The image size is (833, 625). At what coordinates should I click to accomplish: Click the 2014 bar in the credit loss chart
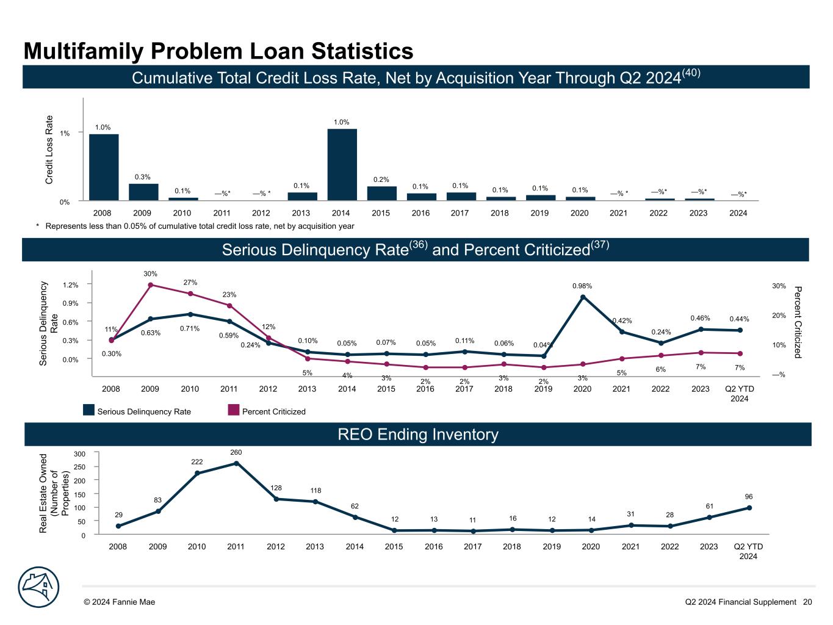click(342, 165)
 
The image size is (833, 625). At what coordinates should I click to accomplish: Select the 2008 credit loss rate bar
click(104, 167)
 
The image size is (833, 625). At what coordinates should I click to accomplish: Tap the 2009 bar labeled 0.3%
click(143, 192)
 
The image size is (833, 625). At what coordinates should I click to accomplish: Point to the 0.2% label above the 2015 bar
click(381, 179)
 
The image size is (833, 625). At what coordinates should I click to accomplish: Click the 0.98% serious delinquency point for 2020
click(583, 297)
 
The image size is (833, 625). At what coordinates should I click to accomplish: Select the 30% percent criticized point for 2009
click(151, 285)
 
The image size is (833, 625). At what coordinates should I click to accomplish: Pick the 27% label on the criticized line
click(190, 283)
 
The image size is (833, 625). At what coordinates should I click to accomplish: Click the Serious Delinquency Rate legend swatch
click(89, 411)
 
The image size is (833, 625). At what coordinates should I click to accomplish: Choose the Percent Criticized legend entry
click(273, 411)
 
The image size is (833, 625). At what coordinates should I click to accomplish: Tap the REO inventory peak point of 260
click(236, 463)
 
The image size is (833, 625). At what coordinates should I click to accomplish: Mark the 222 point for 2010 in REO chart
click(197, 473)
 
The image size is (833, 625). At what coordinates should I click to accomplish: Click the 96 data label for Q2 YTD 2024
click(749, 496)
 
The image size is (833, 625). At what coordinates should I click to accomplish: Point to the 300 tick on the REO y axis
click(80, 453)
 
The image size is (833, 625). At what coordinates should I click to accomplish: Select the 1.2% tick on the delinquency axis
click(70, 284)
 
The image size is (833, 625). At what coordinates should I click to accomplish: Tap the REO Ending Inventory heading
click(418, 435)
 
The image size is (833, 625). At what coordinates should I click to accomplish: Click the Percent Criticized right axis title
click(798, 322)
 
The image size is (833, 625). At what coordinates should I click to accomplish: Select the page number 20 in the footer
click(807, 602)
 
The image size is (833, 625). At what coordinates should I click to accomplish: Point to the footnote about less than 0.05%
click(195, 226)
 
